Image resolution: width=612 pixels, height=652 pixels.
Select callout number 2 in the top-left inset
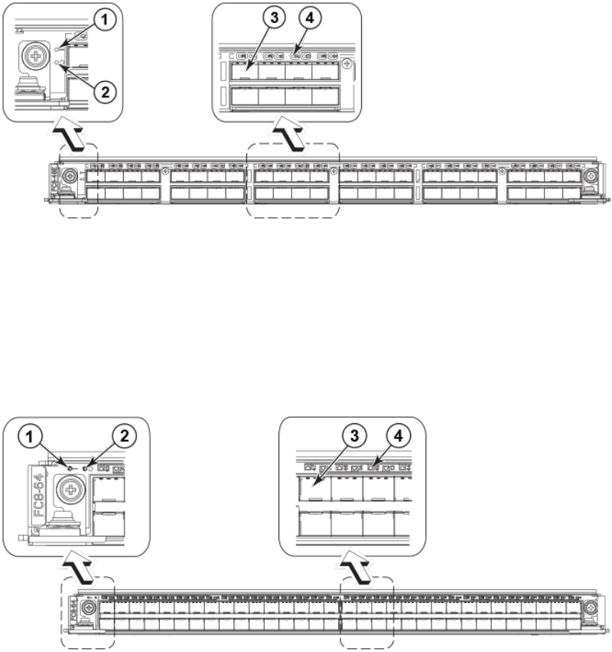click(x=106, y=90)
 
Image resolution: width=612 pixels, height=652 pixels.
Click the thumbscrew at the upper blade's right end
click(x=591, y=175)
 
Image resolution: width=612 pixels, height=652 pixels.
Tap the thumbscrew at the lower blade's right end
click(x=591, y=609)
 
